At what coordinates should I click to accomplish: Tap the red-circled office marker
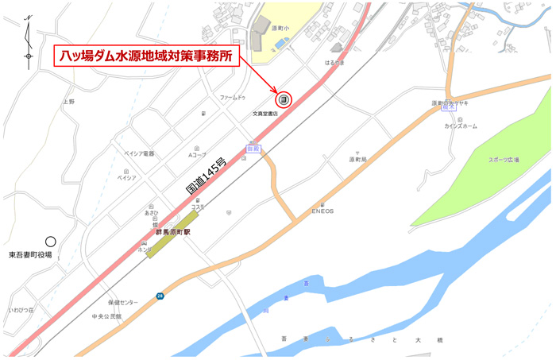[284, 99]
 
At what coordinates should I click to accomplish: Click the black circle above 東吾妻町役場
[51, 241]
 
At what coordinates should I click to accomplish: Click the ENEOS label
[322, 211]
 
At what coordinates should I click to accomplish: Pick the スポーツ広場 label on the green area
[504, 160]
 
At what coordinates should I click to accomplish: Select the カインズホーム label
[461, 126]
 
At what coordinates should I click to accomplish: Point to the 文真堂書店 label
[271, 113]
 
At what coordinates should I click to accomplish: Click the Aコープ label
[197, 153]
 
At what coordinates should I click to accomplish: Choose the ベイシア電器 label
[140, 153]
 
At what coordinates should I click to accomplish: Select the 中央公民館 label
[106, 315]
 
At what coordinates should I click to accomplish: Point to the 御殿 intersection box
[253, 148]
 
